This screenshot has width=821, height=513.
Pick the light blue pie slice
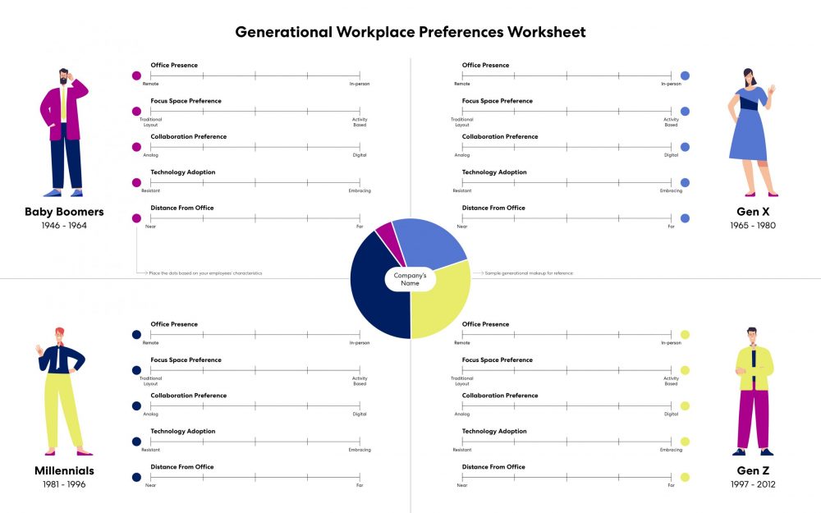point(432,243)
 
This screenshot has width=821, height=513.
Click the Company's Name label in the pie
point(410,279)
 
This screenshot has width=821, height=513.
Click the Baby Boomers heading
point(64,212)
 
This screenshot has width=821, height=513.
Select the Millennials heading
point(64,471)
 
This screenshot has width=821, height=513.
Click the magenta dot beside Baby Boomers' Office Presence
point(136,76)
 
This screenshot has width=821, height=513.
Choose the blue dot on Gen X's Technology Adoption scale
point(685,182)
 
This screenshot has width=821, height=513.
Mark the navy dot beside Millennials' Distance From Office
point(136,477)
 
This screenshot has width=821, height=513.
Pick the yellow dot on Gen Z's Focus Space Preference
point(685,370)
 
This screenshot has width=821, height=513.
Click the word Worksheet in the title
point(547,32)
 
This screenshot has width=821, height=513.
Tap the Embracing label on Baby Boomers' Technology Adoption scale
point(360,190)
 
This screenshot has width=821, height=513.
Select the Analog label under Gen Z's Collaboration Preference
point(462,414)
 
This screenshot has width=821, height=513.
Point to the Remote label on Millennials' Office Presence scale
point(151,342)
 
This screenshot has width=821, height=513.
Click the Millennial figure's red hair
point(60,332)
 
